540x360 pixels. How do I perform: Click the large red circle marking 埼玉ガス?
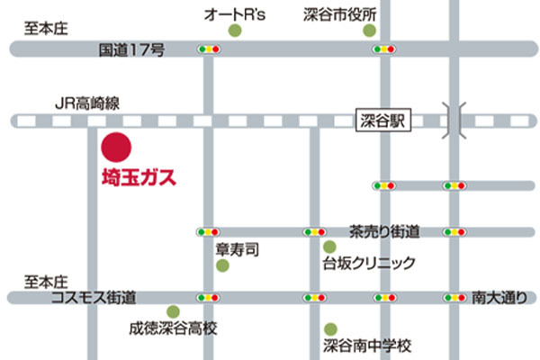coord(116,146)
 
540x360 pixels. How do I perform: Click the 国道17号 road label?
coord(131,51)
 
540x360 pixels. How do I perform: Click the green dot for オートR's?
coord(235,31)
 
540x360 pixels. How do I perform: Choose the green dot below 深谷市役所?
coord(369,31)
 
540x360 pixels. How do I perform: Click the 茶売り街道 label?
coord(385,231)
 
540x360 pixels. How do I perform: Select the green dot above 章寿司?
coord(222,265)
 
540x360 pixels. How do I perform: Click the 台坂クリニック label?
coord(370,264)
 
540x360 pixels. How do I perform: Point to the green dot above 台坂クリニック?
coord(329,247)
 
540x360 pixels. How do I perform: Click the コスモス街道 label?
coord(94,296)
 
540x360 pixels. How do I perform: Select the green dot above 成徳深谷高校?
coord(173,311)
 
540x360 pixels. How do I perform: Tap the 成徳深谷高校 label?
coord(173,329)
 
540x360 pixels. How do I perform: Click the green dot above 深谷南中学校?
coord(331,328)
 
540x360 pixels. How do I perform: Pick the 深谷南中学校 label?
coord(367,346)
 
